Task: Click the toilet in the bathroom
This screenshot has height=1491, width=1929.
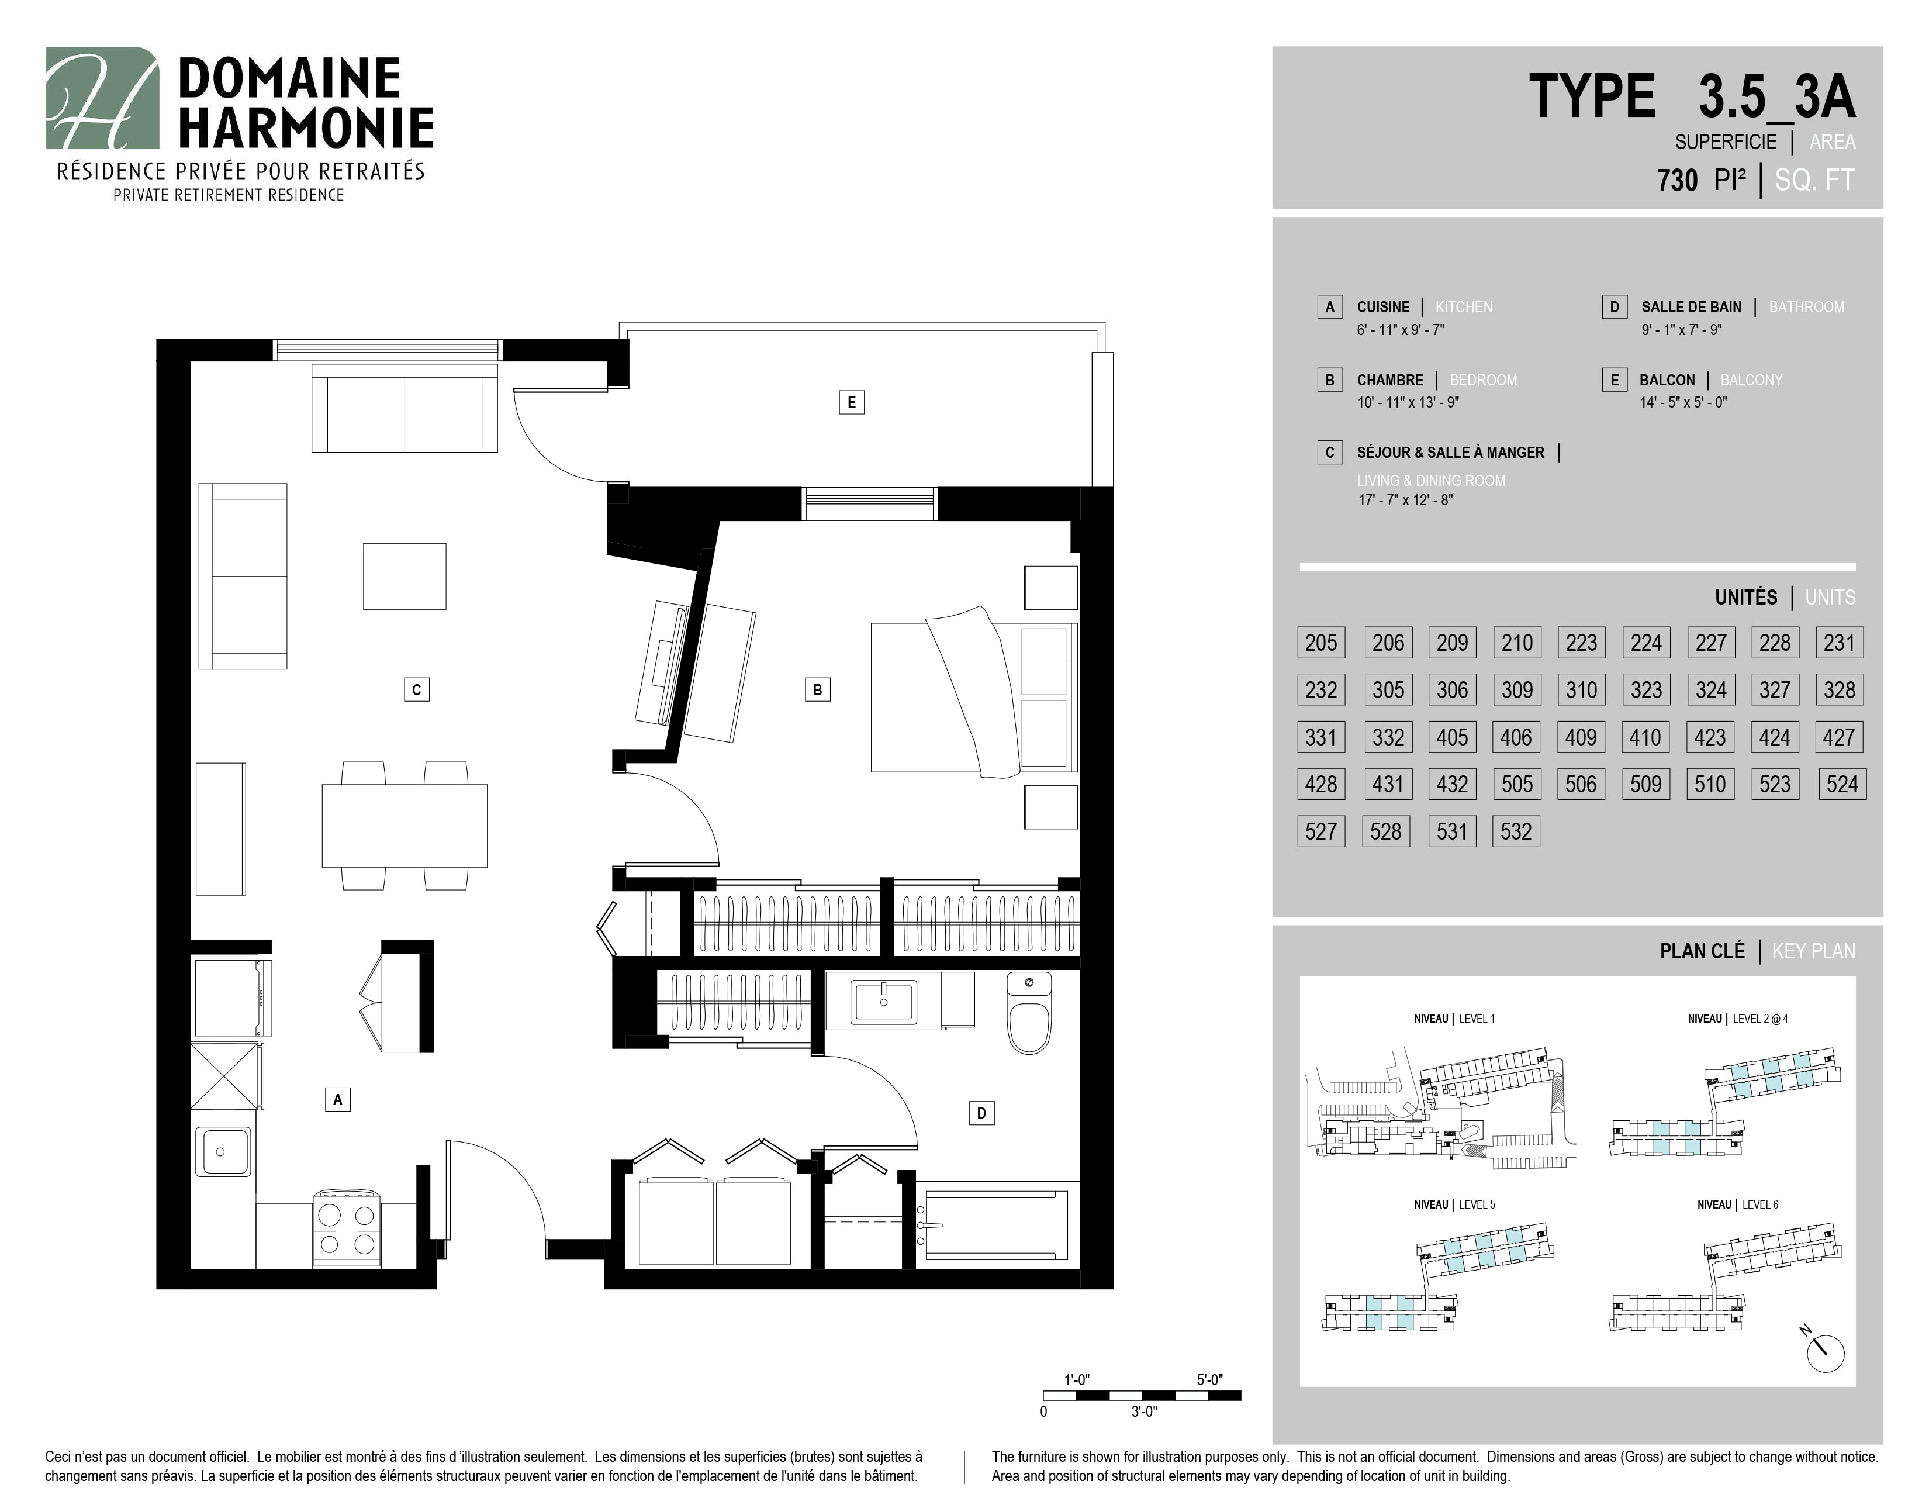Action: [1030, 1013]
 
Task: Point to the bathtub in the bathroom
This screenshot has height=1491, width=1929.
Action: [995, 1224]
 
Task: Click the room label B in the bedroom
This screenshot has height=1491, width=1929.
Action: [818, 690]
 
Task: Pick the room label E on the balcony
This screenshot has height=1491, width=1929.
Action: [852, 403]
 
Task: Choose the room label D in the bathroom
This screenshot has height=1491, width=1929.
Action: [981, 1113]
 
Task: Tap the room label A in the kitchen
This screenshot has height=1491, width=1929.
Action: [337, 1100]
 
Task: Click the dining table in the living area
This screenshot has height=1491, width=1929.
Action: [405, 826]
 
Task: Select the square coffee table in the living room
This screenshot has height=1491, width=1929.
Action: [405, 576]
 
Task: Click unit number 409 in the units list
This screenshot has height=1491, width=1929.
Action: [1581, 737]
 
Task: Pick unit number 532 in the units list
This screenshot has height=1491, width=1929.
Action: [1516, 831]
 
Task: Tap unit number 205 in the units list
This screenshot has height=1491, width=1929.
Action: [1321, 642]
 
